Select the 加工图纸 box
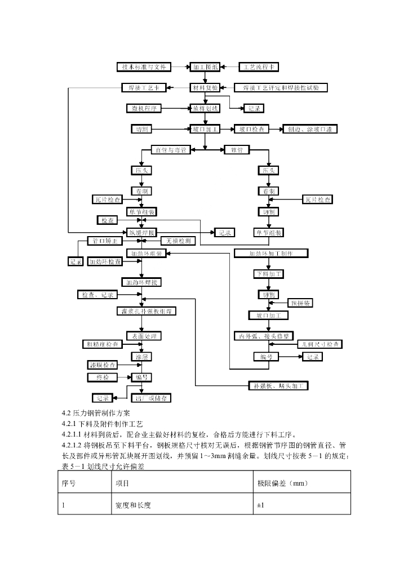point(204,67)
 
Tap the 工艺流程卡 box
point(259,67)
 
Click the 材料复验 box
point(204,88)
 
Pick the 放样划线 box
point(205,108)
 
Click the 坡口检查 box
point(251,129)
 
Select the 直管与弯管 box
point(171,150)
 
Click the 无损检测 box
point(178,241)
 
